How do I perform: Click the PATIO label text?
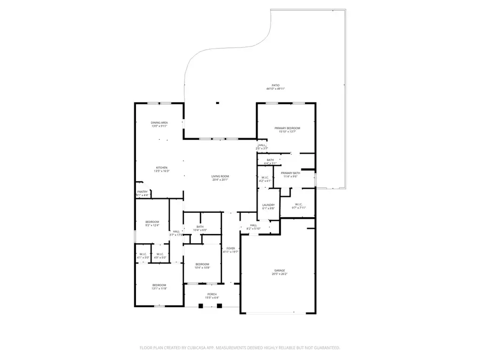click(x=276, y=85)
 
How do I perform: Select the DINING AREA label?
click(x=159, y=123)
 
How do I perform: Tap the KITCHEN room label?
click(x=161, y=167)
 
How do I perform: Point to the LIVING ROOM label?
click(x=220, y=176)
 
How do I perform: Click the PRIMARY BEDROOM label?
click(x=287, y=128)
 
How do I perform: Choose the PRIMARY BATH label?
click(x=291, y=173)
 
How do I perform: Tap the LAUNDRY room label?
click(x=268, y=205)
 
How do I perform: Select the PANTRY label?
click(x=142, y=191)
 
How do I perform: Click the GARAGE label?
click(x=280, y=270)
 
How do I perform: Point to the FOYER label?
click(x=230, y=248)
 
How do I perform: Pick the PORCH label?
click(x=212, y=294)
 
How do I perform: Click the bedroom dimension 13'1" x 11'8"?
click(x=159, y=289)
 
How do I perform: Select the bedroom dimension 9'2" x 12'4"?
click(x=152, y=226)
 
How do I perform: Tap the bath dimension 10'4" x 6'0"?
click(x=200, y=230)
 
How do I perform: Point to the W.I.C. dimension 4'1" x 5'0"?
click(x=143, y=258)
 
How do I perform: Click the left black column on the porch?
click(x=201, y=306)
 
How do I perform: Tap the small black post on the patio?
click(x=217, y=103)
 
